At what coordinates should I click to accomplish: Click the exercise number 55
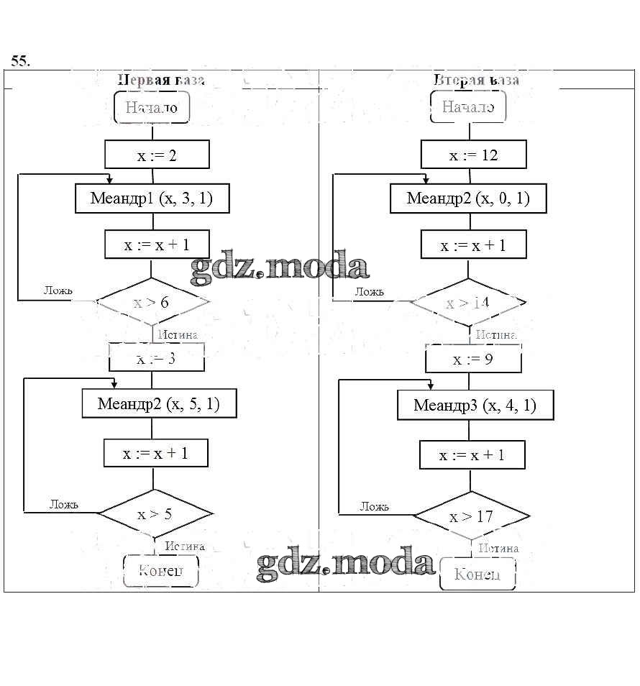coord(20,61)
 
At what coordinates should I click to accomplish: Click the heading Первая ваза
coord(160,80)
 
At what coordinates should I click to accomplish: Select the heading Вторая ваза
coord(476,80)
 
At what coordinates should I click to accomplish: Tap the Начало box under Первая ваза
coord(151,108)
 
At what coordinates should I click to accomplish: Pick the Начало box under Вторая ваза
coord(468,108)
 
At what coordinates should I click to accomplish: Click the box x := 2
coord(157,155)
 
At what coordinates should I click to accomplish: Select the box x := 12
coord(473,155)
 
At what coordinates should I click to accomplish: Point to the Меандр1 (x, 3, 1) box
coord(152,198)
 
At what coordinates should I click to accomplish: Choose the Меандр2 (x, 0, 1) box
coord(468,198)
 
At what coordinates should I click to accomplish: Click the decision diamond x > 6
coord(152,302)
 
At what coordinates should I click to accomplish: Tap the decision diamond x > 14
coord(467,303)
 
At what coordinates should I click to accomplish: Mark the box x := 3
coord(157,358)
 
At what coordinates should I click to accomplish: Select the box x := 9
coord(473,359)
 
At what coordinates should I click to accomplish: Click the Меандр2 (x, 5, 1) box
coord(159,404)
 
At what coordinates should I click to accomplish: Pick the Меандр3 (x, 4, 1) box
coord(475,406)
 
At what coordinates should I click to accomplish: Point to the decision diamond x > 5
coord(155,514)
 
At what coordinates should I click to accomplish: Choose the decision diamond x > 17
coord(472,516)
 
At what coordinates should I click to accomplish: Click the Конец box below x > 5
coord(160,571)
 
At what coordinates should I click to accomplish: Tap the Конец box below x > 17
coord(477,575)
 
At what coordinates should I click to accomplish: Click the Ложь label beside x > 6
coord(58,291)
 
